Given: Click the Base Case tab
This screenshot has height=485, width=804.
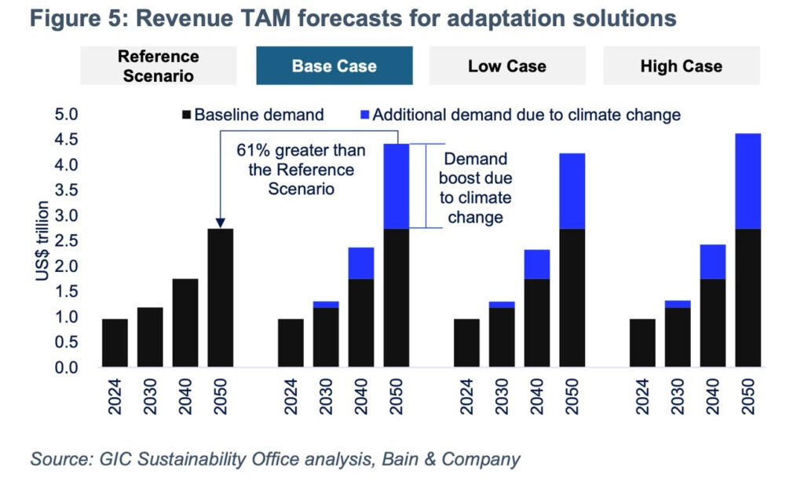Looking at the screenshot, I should point(334,65).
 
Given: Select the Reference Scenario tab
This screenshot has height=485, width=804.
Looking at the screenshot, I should point(159,66).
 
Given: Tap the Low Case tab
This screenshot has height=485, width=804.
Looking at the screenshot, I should point(507,65).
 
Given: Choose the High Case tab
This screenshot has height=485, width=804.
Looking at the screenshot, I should point(681,65).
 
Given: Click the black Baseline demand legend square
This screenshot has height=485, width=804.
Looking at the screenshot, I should point(186,116).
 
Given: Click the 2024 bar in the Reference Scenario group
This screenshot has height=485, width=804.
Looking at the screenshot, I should point(115,343).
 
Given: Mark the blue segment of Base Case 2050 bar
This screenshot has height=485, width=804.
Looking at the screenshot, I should point(396,186).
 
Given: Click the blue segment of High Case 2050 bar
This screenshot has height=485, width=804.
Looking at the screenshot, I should point(747,181).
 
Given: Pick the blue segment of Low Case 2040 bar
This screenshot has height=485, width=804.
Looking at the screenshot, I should point(536,264).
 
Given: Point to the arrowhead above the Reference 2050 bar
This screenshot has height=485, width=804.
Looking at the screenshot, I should point(220,224).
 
